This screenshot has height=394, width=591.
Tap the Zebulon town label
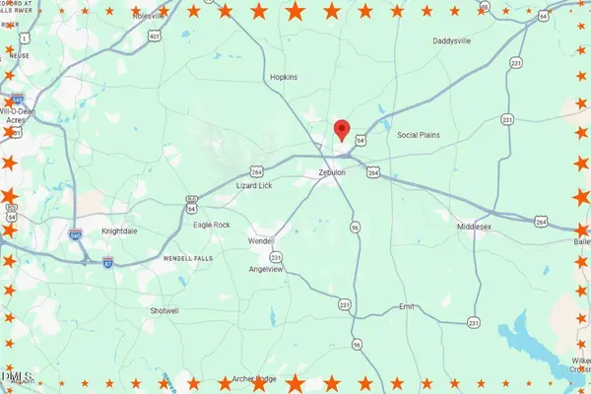(x=334, y=172)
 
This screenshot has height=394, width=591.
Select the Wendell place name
(x=261, y=240)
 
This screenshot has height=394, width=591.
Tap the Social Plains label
(x=419, y=135)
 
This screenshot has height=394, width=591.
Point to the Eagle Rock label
(x=211, y=225)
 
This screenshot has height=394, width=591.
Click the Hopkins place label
(x=285, y=76)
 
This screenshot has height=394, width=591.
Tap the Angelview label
(x=266, y=268)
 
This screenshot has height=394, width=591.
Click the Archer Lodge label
(x=254, y=379)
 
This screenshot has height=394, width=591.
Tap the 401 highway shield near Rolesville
(x=155, y=36)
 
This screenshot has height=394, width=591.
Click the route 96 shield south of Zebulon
(x=355, y=227)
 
